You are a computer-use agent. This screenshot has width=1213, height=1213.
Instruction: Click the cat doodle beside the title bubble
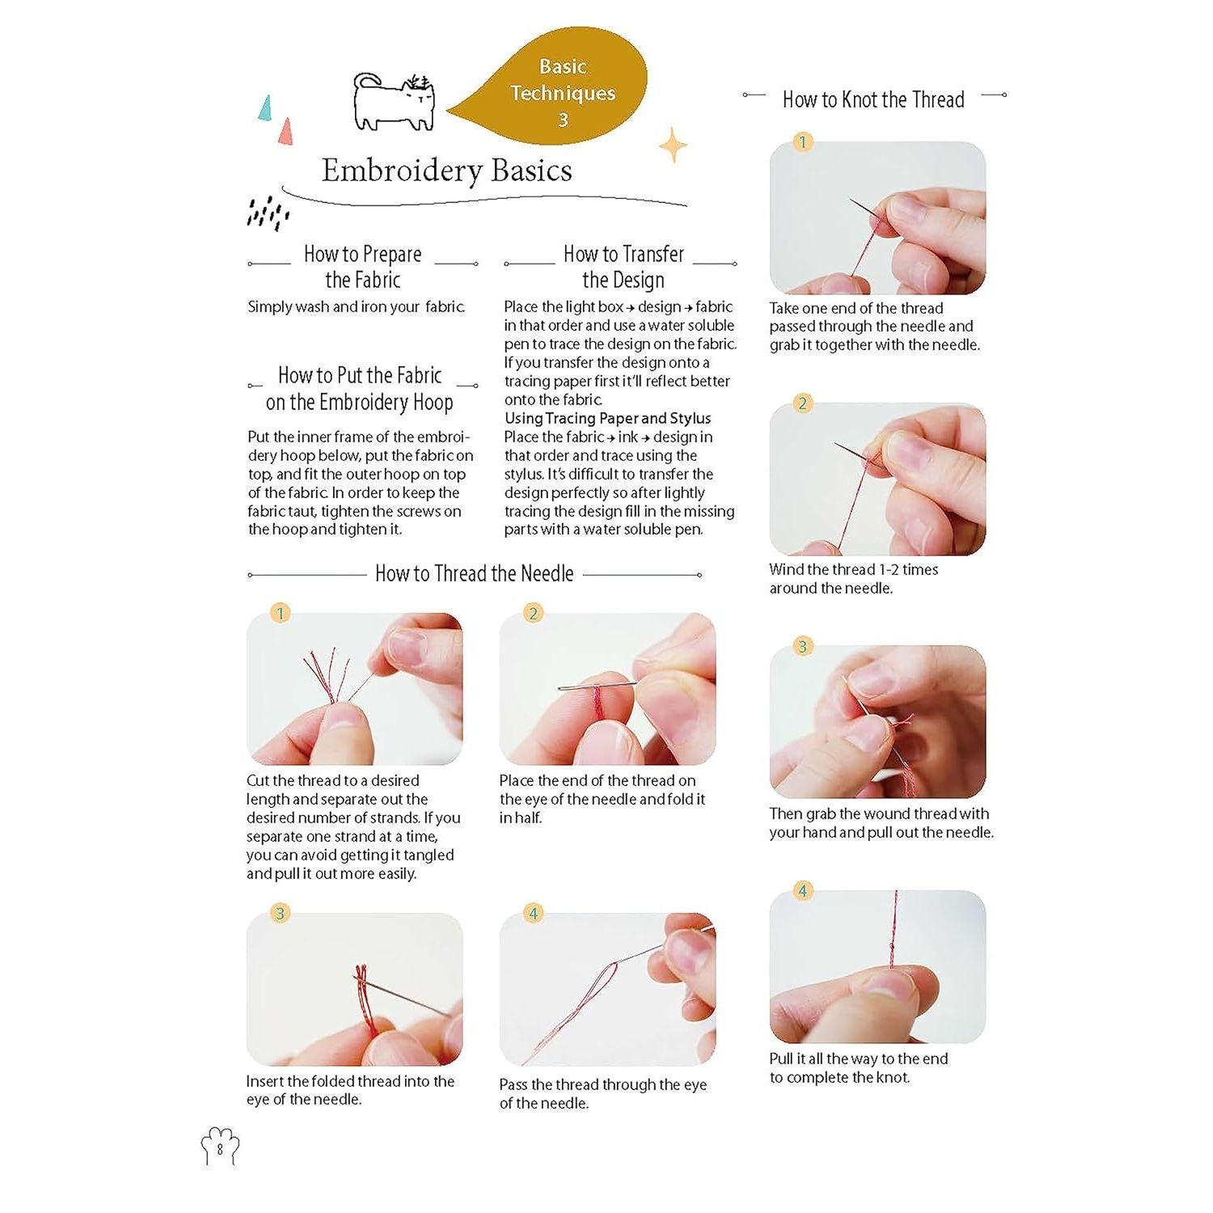point(394,104)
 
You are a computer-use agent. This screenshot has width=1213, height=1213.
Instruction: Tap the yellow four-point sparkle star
point(672,145)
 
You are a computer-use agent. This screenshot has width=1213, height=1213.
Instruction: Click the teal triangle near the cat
point(264,108)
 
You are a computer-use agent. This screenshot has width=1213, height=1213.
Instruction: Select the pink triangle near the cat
point(285,132)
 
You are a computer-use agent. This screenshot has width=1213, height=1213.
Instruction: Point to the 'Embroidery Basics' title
point(446,171)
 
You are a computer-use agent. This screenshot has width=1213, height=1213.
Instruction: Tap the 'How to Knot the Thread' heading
point(873,99)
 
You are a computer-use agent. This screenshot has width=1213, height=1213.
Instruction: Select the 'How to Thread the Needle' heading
point(474,573)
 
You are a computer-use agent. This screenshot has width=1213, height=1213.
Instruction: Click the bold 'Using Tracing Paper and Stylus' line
point(607,418)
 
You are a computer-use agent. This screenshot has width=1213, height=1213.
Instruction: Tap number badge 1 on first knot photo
point(802,142)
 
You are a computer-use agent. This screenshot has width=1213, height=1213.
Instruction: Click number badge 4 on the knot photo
point(802,891)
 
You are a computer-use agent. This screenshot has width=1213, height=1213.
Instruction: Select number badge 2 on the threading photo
point(533,613)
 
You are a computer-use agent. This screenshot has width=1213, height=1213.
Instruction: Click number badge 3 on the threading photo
point(280,913)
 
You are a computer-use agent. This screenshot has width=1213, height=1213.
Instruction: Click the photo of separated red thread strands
point(354,689)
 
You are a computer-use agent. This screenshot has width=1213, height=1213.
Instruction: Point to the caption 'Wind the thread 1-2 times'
point(854,569)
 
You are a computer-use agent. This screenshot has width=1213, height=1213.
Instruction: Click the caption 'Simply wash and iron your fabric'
point(356,306)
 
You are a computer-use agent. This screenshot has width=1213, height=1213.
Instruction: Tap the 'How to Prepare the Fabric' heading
point(362,267)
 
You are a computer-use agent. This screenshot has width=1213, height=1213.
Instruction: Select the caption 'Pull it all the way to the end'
point(859,1059)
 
